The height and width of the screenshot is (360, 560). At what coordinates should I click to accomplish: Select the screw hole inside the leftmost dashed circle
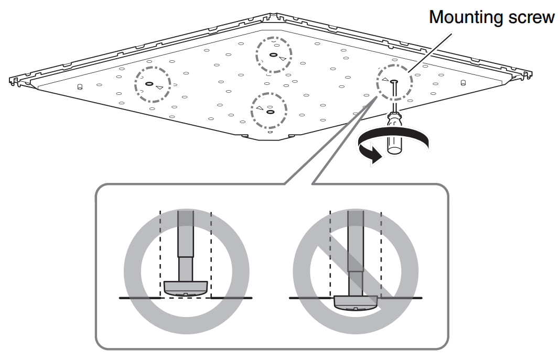tap(148, 84)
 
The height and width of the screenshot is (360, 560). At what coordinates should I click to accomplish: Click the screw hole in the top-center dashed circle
tap(274, 54)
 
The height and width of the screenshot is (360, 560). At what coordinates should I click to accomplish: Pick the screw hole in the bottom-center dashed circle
tap(270, 112)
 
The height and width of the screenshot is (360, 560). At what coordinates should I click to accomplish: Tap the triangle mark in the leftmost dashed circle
tap(159, 87)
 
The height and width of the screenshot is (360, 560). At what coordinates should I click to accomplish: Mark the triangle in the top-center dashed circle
tap(283, 58)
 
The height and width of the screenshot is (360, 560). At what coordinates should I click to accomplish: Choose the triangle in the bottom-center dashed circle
tap(259, 108)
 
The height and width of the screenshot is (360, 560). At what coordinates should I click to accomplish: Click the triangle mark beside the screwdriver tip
tap(385, 80)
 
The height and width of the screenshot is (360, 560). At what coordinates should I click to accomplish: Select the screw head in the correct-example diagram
tap(186, 288)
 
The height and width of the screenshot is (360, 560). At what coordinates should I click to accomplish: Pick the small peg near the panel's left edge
tap(80, 86)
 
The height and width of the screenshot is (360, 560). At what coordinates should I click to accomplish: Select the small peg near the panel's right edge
tap(463, 82)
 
